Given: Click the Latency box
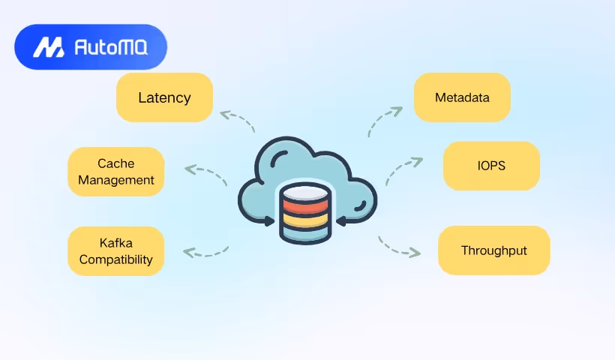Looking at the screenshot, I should [x=164, y=97].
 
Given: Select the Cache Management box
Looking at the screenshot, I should [x=115, y=172].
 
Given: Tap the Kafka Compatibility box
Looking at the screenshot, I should [x=115, y=251].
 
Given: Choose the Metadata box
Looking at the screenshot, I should [x=462, y=97].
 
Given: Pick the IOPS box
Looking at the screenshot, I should [x=491, y=166].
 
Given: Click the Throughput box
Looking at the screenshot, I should [x=493, y=250].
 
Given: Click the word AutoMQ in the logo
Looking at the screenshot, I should [x=111, y=48].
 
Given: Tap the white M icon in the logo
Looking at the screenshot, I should [x=49, y=48].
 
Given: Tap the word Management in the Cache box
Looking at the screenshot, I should [x=116, y=180].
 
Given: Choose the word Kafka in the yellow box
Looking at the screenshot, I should [x=116, y=243].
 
